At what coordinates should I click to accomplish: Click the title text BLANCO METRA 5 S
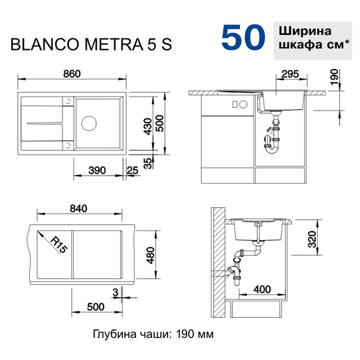coord(89,45)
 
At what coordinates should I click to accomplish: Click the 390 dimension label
coord(97,171)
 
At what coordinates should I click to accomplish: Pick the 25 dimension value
coord(133,171)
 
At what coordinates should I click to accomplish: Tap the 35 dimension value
coord(148,163)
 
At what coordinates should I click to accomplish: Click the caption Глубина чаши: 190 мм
coord(153,333)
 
